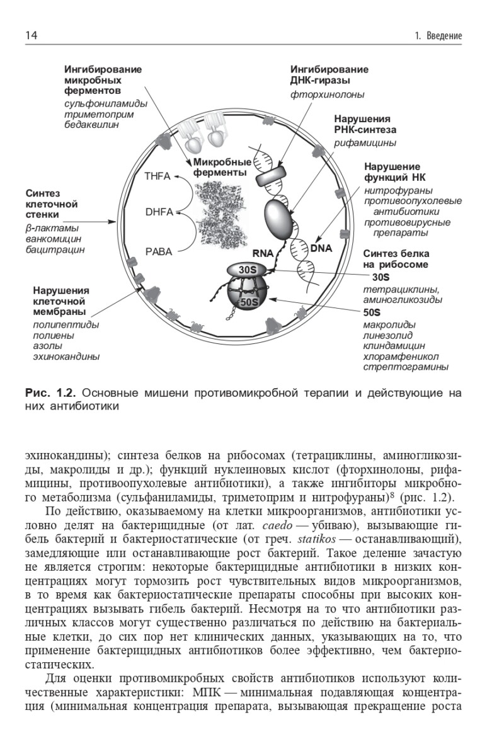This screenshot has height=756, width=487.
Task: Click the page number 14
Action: click(x=31, y=35)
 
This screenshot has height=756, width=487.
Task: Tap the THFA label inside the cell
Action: click(x=158, y=176)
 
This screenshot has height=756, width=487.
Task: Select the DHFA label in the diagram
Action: click(x=159, y=212)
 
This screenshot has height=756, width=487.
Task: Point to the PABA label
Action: click(x=158, y=251)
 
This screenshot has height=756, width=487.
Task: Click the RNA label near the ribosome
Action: click(x=263, y=253)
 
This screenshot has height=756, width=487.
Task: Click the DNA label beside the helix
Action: click(x=321, y=248)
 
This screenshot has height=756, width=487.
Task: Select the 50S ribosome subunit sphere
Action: click(x=248, y=302)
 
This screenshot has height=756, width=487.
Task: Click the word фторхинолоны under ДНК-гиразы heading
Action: click(x=327, y=94)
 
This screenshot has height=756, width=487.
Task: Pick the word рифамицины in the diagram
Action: click(x=365, y=143)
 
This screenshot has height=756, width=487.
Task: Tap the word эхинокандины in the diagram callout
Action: click(x=66, y=357)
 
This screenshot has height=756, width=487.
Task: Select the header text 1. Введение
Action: click(x=438, y=36)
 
